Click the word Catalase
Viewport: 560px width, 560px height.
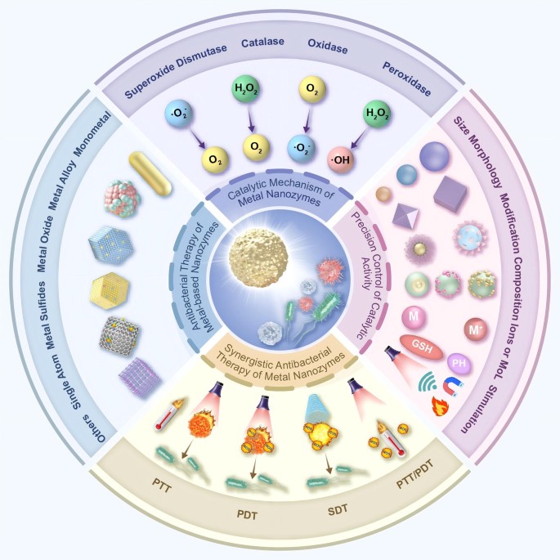[262, 43]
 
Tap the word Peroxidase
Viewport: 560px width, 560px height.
[407, 79]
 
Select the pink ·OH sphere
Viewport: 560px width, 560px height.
[341, 160]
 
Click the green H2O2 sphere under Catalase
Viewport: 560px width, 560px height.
[246, 88]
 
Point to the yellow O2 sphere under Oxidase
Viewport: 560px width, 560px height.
[311, 89]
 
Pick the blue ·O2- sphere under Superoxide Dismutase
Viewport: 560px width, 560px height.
[178, 114]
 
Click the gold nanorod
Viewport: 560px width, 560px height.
[150, 173]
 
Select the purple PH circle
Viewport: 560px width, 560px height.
[459, 364]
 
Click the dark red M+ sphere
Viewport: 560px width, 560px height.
[476, 329]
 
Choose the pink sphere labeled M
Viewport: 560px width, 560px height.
[414, 316]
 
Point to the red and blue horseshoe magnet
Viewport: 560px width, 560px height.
[453, 388]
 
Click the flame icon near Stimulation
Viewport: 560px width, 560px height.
[440, 406]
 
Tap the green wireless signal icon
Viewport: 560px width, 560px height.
[428, 381]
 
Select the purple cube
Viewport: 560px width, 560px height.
[450, 193]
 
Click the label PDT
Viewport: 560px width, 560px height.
[247, 515]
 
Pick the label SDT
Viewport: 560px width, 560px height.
[338, 510]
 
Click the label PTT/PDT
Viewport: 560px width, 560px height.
[415, 474]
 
